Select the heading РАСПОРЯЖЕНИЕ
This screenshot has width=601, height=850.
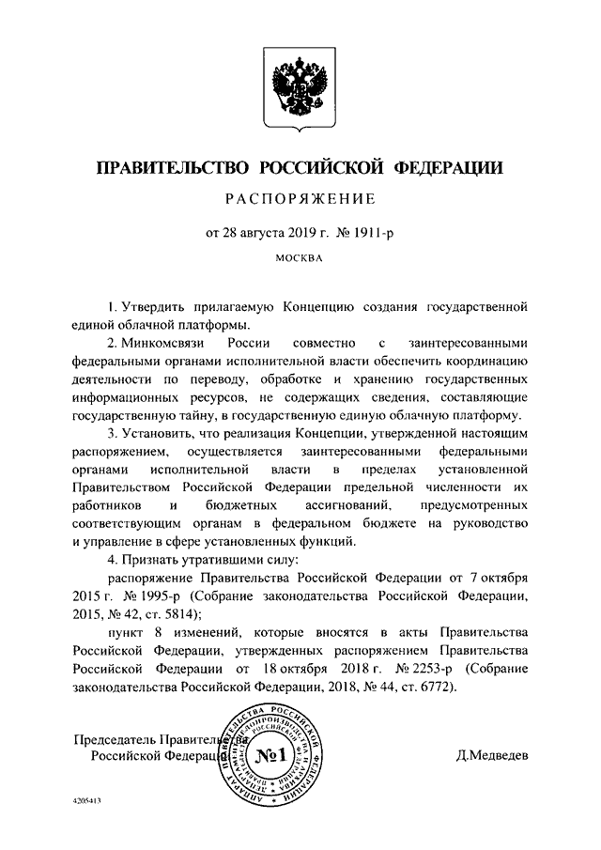pos(300,198)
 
